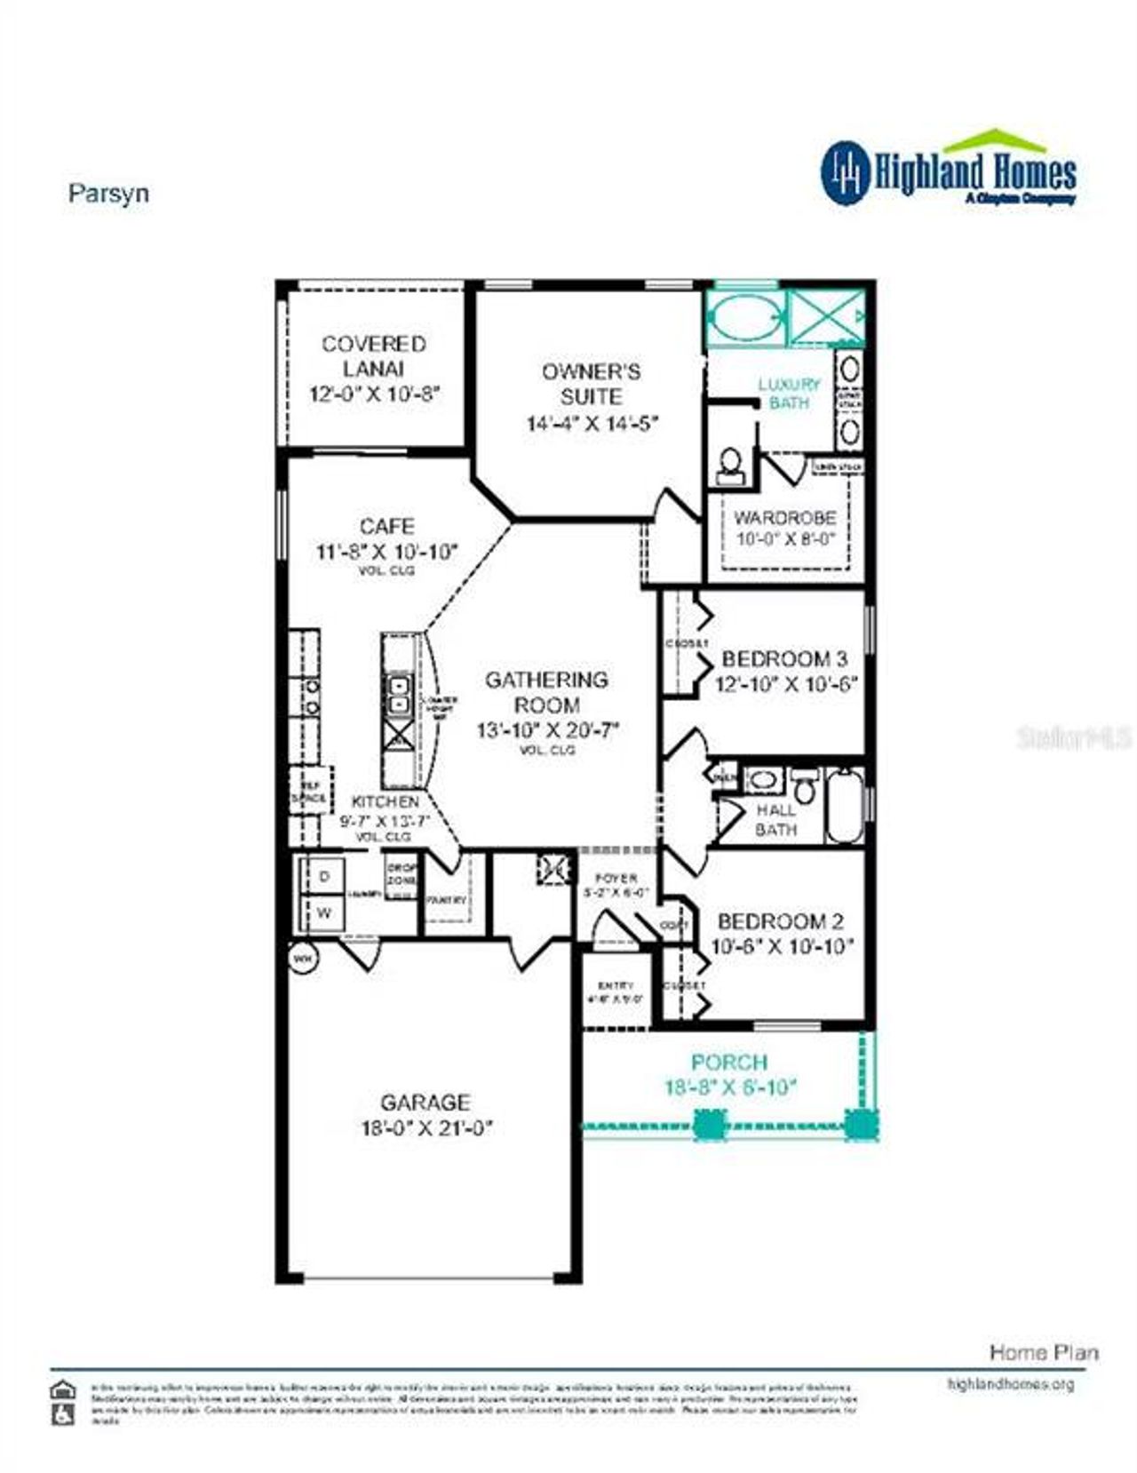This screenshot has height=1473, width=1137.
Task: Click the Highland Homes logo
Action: [948, 171]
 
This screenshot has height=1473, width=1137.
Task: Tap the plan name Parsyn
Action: [108, 193]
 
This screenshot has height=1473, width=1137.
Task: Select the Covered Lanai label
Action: [373, 355]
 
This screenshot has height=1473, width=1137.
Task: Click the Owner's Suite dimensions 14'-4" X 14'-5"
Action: [592, 423]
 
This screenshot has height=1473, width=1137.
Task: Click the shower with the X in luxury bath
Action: [826, 316]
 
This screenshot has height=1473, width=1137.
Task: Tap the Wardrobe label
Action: [784, 517]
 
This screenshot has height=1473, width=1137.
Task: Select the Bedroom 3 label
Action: [784, 658]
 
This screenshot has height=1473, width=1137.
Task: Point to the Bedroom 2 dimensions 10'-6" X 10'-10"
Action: [782, 947]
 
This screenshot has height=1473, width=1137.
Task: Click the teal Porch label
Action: [729, 1062]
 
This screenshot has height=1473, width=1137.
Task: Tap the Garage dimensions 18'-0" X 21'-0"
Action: [425, 1128]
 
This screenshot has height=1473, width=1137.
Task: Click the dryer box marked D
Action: [325, 876]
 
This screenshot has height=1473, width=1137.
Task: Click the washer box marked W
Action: [325, 912]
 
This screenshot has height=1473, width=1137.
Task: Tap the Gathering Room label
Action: [546, 692]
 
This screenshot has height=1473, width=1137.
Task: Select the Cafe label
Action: [386, 526]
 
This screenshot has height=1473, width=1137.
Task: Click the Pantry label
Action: [446, 900]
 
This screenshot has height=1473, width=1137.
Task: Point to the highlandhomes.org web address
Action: [1010, 1384]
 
